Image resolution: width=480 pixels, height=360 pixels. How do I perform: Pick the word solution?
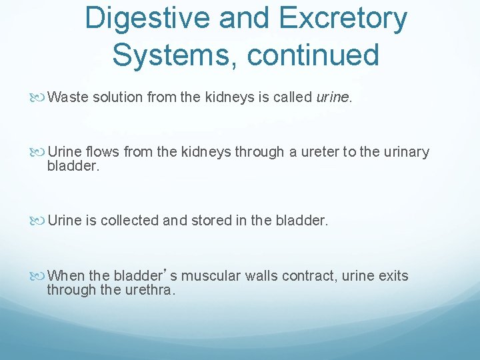click(x=115, y=97)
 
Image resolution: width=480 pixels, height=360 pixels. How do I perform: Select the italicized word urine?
click(x=332, y=97)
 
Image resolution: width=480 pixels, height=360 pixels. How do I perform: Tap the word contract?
click(x=303, y=276)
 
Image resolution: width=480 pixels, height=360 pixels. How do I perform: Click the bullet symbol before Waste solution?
click(x=41, y=98)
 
